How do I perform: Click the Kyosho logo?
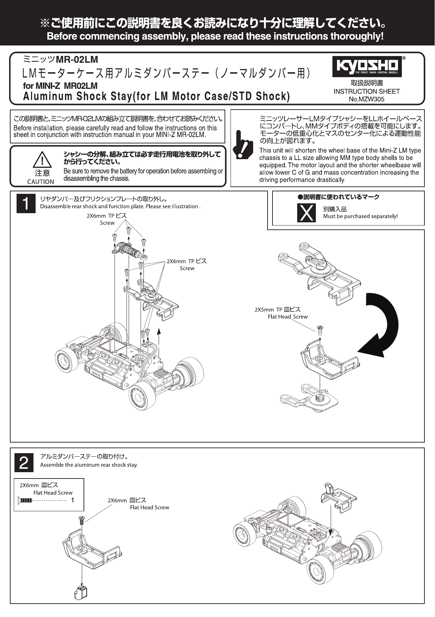[x=367, y=66]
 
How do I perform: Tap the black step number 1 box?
[x=26, y=204]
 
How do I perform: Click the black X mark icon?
[x=306, y=212]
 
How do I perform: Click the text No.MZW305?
[x=367, y=99]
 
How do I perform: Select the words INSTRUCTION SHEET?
[x=367, y=92]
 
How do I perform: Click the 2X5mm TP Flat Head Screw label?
[x=281, y=313]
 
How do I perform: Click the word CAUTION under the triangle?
[x=41, y=182]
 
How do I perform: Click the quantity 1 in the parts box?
[x=73, y=500]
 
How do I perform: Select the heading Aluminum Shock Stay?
[x=156, y=96]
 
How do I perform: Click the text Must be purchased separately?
[x=360, y=216]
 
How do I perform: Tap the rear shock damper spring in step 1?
[x=133, y=251]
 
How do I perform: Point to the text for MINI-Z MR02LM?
[x=60, y=86]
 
